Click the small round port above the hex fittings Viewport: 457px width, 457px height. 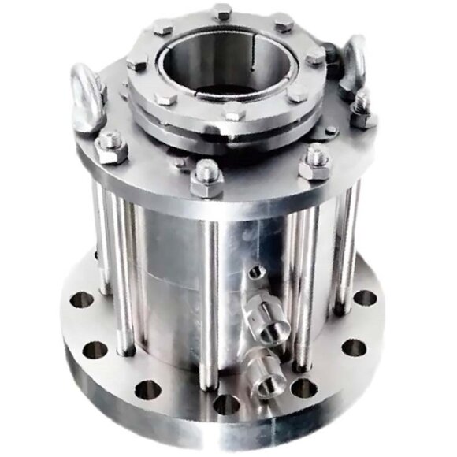pos(255,273)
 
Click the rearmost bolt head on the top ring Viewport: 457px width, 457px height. pos(222,12)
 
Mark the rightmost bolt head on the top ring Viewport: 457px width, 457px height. pos(314,58)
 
